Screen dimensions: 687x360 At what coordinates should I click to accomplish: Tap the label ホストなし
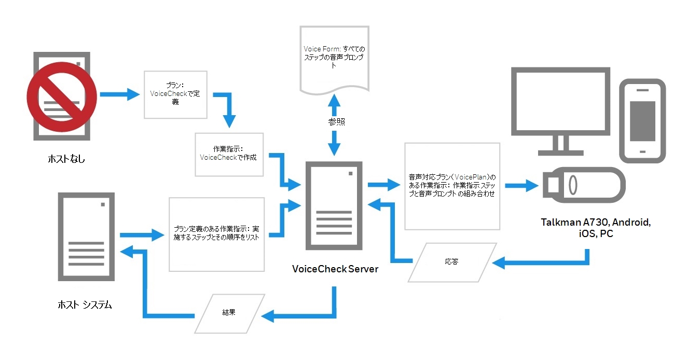point(66,159)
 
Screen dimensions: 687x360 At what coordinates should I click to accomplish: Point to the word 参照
point(336,122)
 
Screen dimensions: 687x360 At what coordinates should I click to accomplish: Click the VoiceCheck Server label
point(335,269)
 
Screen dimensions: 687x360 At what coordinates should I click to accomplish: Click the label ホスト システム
point(85,304)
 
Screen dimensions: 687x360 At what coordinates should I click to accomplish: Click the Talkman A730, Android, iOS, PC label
point(596,228)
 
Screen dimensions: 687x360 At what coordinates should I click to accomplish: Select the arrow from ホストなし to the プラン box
point(120,94)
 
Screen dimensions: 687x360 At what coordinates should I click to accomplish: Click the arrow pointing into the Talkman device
point(521,186)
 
